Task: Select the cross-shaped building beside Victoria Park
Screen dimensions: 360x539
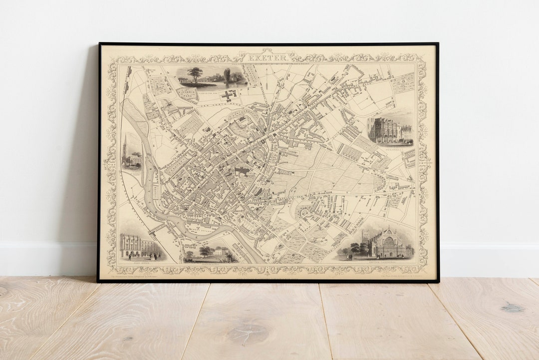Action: point(229,95)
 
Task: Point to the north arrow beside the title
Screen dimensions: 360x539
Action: point(267,85)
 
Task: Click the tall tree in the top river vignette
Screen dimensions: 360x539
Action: point(195,74)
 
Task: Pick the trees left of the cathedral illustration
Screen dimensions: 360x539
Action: point(356,248)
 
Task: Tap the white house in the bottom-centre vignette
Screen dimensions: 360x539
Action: point(221,251)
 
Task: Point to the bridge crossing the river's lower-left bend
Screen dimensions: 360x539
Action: point(156,228)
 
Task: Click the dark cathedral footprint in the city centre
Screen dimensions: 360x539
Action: point(242,171)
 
